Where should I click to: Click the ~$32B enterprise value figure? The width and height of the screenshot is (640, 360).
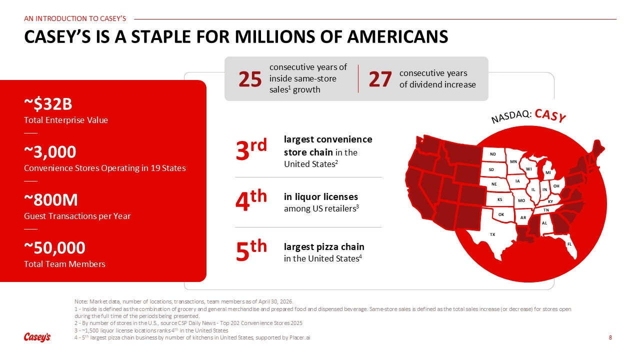click(x=48, y=104)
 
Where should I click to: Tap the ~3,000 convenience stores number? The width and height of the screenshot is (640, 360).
click(x=50, y=152)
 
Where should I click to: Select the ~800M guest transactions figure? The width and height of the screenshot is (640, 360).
click(x=51, y=200)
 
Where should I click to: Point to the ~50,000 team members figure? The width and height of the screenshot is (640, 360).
click(x=54, y=247)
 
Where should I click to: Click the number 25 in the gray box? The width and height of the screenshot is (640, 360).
click(x=250, y=79)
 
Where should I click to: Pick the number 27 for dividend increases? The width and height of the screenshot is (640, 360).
click(x=380, y=79)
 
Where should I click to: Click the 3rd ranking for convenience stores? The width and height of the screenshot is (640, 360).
click(x=251, y=149)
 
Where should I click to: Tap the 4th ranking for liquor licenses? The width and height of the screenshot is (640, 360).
click(x=251, y=199)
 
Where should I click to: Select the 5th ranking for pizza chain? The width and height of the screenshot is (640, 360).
click(x=251, y=250)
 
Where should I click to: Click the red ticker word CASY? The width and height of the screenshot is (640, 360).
click(x=550, y=115)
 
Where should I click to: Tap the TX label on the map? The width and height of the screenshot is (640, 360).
click(x=492, y=234)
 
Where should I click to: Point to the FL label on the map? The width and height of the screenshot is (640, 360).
click(x=569, y=244)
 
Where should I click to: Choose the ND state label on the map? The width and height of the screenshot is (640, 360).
click(x=493, y=154)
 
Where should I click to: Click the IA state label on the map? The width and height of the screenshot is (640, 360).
click(x=517, y=181)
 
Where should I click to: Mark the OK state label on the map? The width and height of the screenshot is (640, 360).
click(x=501, y=214)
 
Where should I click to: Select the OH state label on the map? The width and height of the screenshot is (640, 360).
click(x=556, y=186)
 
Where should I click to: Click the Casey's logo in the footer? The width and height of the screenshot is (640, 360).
click(x=37, y=337)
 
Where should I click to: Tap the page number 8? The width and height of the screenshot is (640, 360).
click(x=610, y=337)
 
